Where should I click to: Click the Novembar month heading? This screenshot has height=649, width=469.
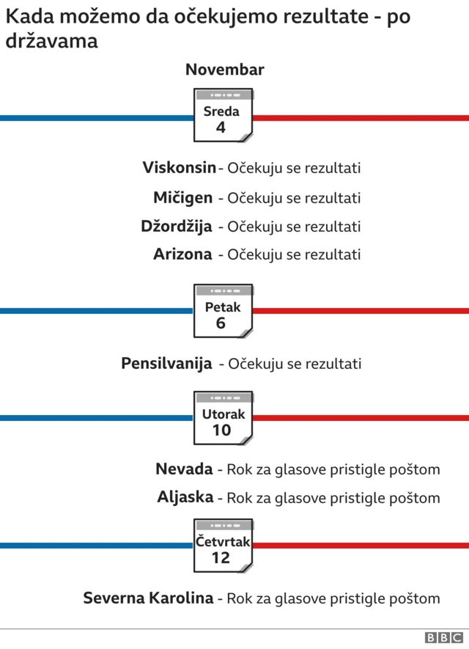[x=224, y=70]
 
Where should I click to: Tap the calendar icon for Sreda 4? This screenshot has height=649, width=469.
[x=223, y=115]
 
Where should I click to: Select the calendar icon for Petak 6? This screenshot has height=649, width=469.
[x=223, y=311]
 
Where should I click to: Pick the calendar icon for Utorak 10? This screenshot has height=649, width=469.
[x=223, y=418]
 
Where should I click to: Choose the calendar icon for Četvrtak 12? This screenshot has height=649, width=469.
[x=223, y=546]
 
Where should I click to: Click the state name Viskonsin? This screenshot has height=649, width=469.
[x=180, y=167]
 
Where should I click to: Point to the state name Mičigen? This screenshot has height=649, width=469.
[x=183, y=197]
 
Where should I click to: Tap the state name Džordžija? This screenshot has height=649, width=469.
[x=177, y=226]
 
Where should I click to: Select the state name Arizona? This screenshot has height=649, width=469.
[x=182, y=254]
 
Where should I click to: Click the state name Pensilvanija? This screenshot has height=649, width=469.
[x=166, y=363]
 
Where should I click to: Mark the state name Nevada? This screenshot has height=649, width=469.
[x=184, y=469]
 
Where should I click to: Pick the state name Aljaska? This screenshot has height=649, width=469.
[x=185, y=497]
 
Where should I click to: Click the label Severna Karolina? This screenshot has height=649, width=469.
[x=148, y=598]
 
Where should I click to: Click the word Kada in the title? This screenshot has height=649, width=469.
[x=28, y=15]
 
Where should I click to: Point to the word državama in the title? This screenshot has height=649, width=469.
[x=51, y=41]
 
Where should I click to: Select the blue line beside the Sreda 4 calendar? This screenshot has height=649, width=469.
[x=95, y=117]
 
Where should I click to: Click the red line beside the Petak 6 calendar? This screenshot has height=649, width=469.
[x=359, y=311]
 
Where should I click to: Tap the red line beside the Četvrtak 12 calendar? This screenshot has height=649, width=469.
[x=359, y=546]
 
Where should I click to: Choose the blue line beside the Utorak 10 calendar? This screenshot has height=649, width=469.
[x=95, y=418]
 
